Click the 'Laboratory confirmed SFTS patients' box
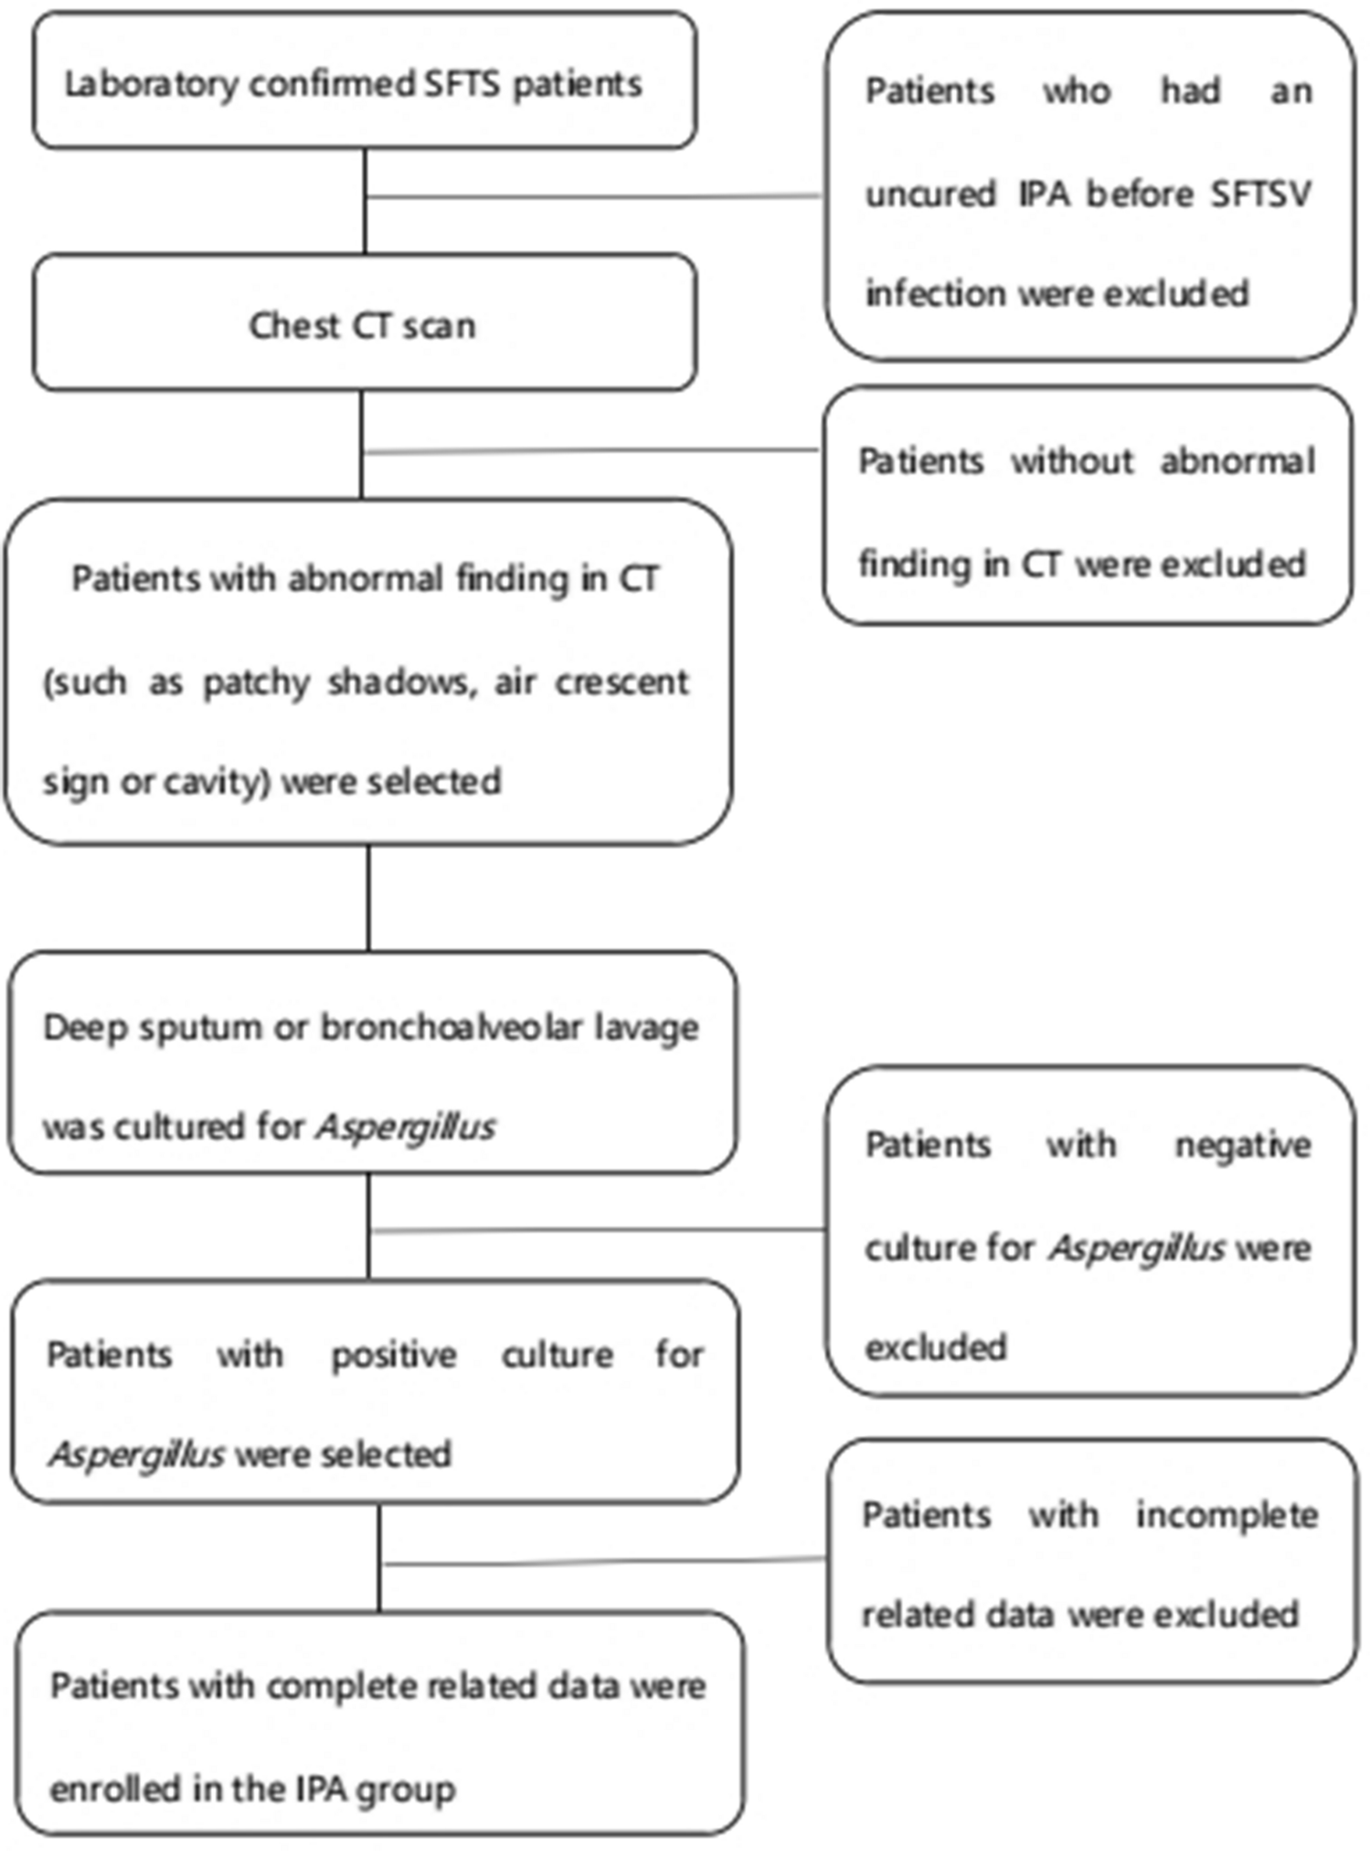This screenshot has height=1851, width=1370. [366, 80]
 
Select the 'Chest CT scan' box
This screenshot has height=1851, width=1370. [366, 323]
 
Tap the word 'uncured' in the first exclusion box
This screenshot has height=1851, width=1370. [930, 194]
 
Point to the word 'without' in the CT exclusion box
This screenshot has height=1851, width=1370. [1072, 460]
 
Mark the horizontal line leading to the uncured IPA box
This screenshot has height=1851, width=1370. [595, 196]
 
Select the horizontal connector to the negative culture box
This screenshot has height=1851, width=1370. [599, 1230]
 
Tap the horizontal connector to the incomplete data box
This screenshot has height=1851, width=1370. [604, 1560]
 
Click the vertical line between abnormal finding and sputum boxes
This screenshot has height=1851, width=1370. [368, 897]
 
